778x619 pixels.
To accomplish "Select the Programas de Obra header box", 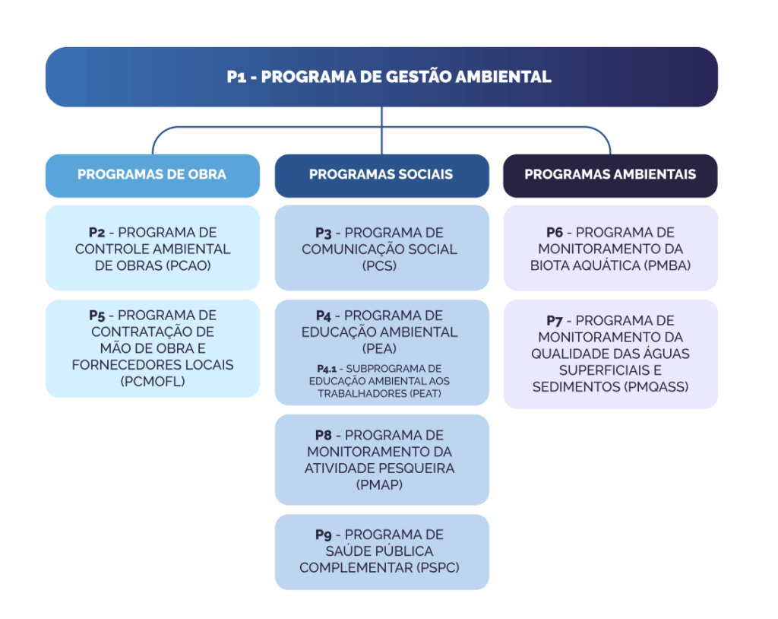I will click(152, 175).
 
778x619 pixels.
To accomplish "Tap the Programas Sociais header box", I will click(381, 175).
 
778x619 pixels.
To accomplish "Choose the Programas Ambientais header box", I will click(610, 175).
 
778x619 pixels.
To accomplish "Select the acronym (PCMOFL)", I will click(152, 382).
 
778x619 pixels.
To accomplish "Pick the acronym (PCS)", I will click(381, 266).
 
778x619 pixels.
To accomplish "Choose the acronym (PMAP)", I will click(381, 484).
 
